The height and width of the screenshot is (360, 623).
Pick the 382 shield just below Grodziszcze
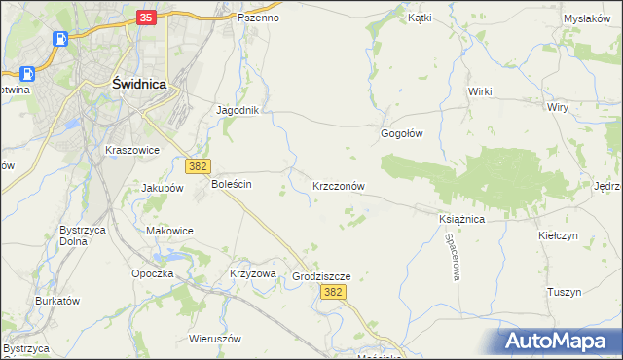tap(333, 292)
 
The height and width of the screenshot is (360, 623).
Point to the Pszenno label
tap(258, 18)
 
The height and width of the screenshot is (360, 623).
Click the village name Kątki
tap(420, 18)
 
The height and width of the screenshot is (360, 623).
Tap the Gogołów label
tap(401, 134)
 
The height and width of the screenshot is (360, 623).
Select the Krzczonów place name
tap(338, 185)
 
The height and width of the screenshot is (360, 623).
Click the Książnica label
tap(461, 220)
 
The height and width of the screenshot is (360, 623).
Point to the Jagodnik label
tap(238, 110)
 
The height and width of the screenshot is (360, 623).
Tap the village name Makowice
tap(169, 231)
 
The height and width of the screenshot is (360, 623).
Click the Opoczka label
tap(153, 273)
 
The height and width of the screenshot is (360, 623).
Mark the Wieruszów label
tap(215, 340)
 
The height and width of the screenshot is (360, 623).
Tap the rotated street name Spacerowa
tap(453, 257)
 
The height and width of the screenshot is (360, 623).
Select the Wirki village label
tap(480, 91)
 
